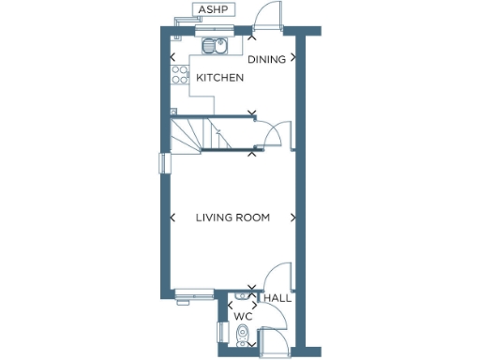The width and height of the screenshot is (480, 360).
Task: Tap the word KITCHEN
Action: (219, 78)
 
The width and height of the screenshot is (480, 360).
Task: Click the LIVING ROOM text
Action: (232, 217)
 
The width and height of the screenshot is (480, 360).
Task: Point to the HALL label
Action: (277, 298)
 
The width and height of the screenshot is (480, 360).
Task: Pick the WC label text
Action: (244, 317)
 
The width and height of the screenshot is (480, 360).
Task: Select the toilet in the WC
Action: (242, 333)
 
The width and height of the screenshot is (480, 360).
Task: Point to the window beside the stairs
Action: (163, 162)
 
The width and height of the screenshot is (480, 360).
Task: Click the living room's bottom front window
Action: (194, 293)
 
